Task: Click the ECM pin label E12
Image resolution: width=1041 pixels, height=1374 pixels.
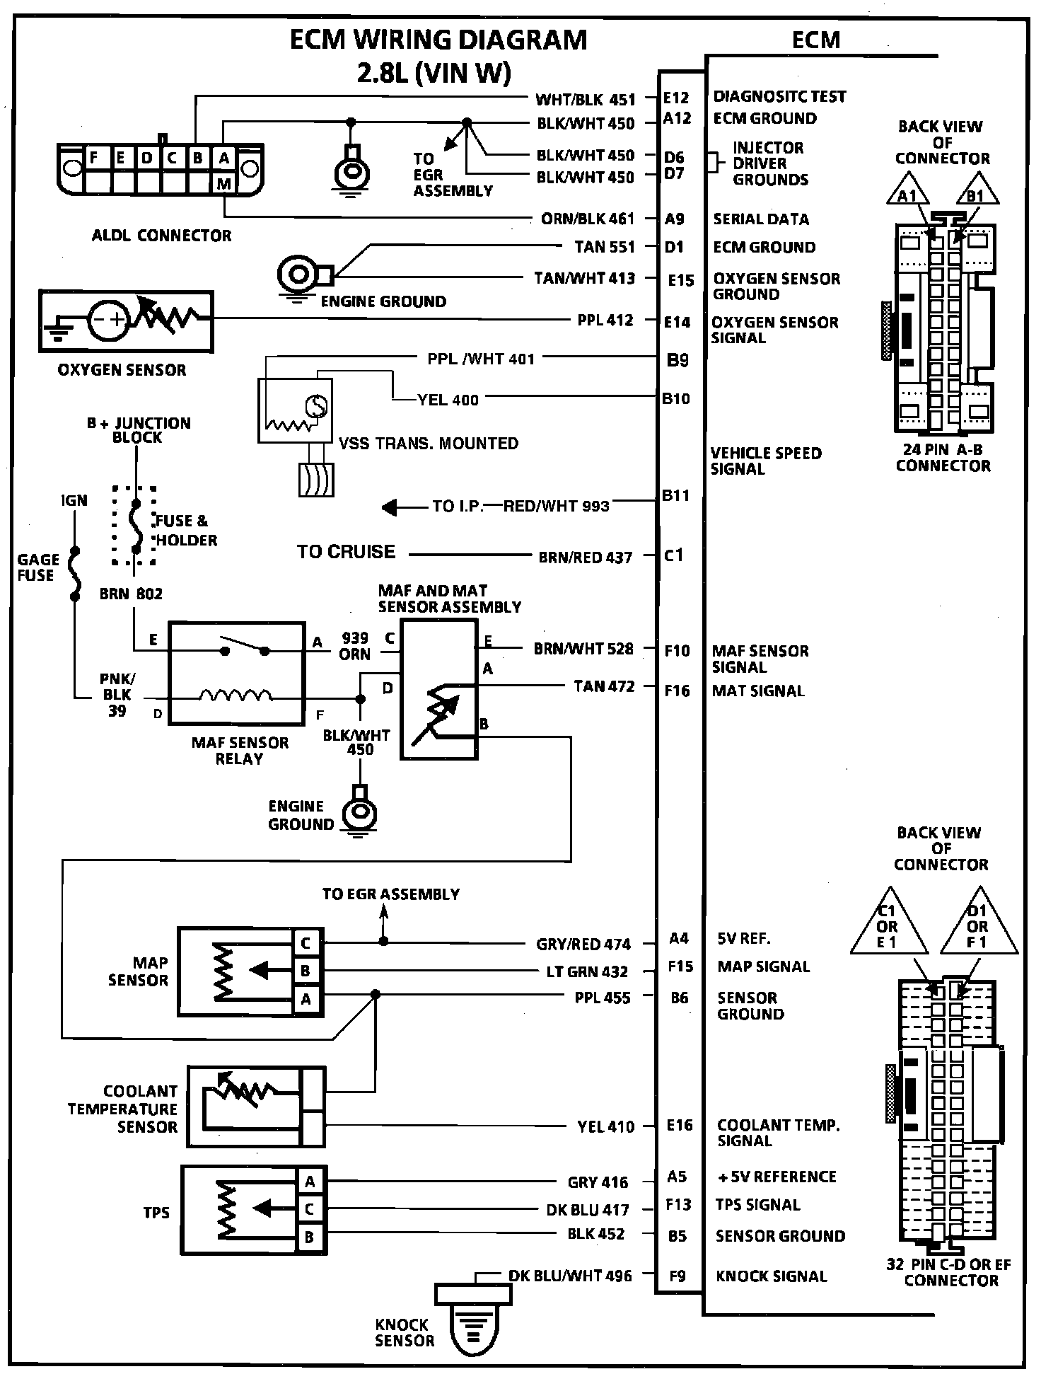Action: click(x=676, y=98)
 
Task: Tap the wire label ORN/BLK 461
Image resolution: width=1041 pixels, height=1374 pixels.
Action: click(x=588, y=219)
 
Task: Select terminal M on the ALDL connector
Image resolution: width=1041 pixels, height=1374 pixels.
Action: click(x=224, y=184)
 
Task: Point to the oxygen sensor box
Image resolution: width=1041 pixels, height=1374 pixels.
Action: click(x=126, y=321)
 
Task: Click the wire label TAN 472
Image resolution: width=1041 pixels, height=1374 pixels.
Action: click(x=604, y=686)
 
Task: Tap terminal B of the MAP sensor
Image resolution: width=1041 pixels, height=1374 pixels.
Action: click(x=306, y=971)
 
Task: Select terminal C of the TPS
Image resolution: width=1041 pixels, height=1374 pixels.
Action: click(x=309, y=1209)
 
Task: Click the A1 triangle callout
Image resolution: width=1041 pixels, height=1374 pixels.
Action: click(x=908, y=188)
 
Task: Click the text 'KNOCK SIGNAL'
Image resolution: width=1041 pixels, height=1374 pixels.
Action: click(x=772, y=1276)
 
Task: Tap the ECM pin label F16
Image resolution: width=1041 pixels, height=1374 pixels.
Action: click(x=677, y=691)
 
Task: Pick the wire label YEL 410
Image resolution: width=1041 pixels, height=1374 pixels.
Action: click(x=606, y=1126)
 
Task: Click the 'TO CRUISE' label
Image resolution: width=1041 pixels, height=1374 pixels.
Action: click(x=346, y=552)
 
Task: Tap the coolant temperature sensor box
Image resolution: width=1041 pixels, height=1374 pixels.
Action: click(x=256, y=1107)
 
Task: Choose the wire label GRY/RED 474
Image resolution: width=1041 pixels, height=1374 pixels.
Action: click(x=583, y=944)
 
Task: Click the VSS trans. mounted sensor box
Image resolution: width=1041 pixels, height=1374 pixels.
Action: click(x=295, y=410)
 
